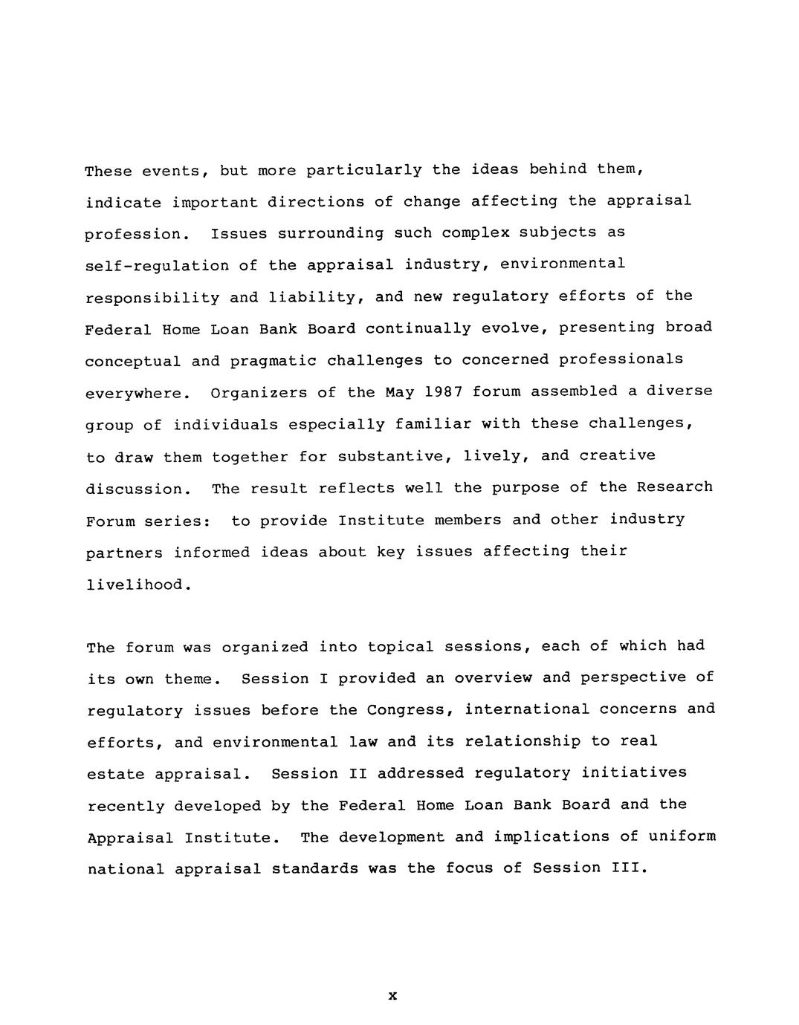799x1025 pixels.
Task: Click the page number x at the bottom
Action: pos(392,995)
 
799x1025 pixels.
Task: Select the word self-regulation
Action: pos(157,265)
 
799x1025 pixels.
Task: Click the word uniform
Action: pos(682,836)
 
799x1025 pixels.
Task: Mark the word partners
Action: pos(124,553)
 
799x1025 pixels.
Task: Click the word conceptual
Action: pos(133,361)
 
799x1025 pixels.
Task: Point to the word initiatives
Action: pos(634,772)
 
